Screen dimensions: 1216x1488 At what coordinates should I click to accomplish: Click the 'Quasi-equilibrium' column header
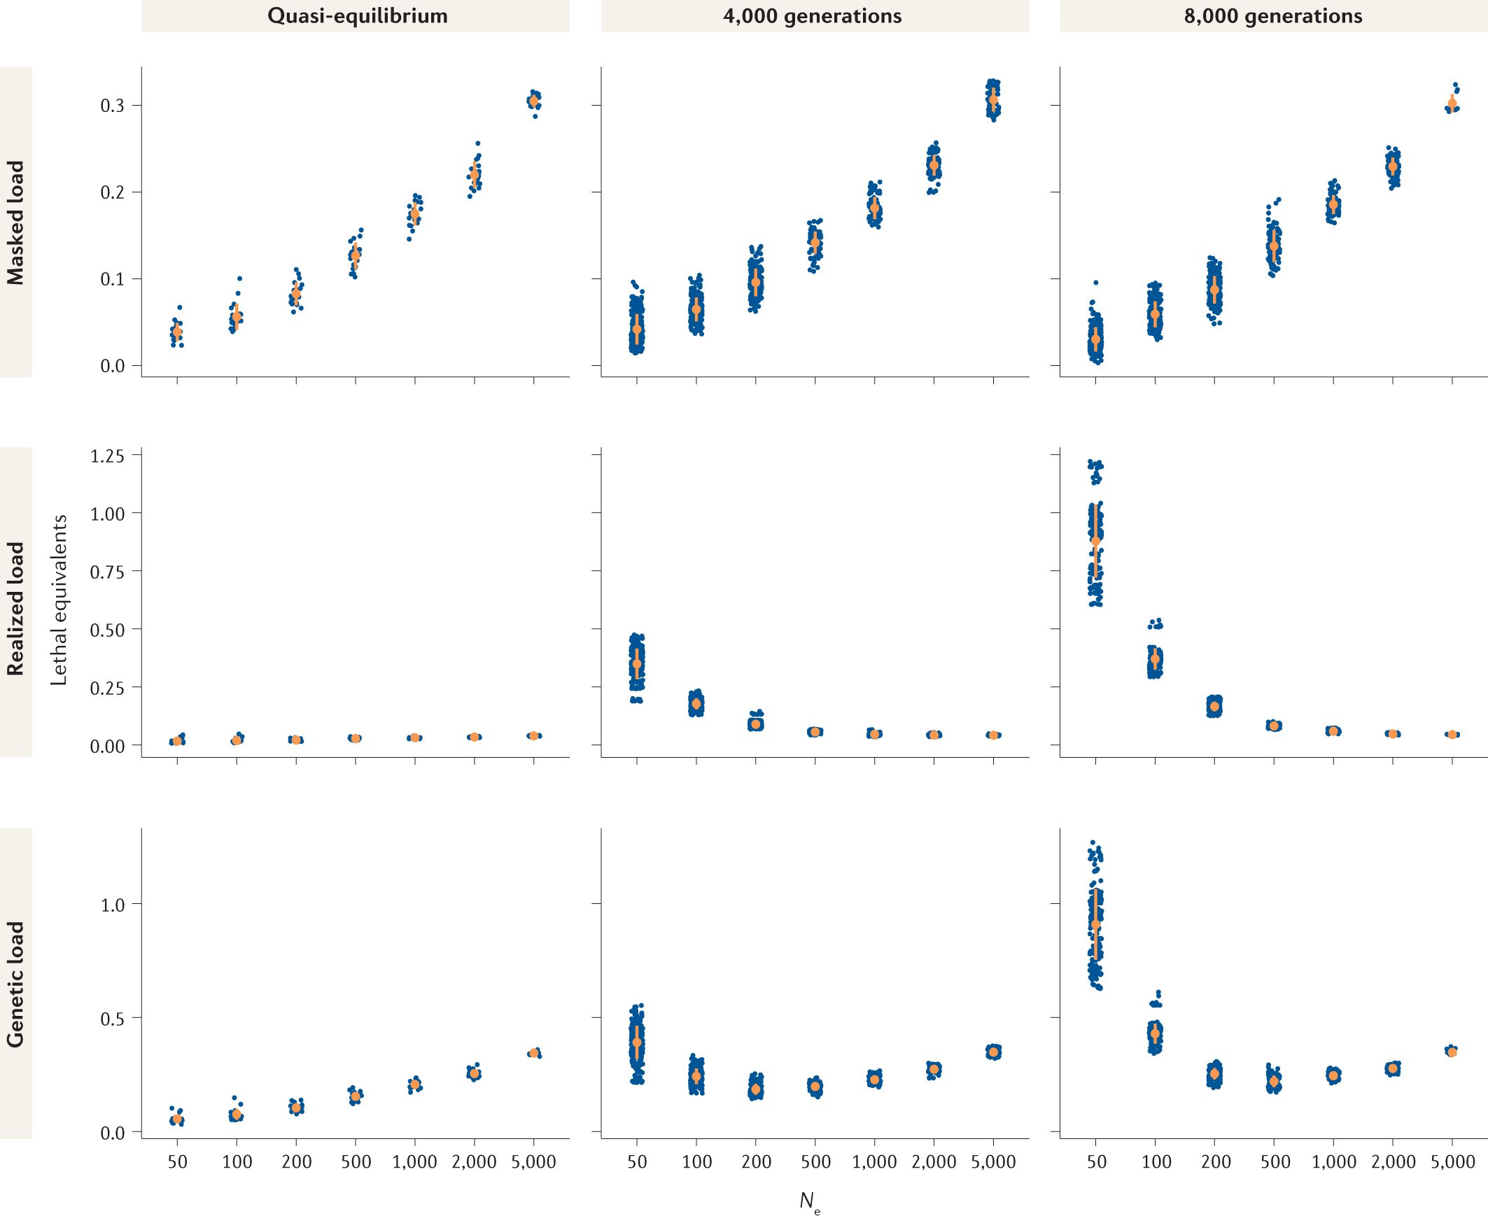coord(357,16)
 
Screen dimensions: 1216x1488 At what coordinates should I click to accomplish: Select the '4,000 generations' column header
coord(813,16)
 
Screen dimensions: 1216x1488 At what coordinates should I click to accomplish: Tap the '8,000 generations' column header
coord(1273,16)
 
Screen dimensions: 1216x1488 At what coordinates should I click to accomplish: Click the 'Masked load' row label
coord(15,222)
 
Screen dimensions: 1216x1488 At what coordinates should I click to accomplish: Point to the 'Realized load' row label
coord(15,608)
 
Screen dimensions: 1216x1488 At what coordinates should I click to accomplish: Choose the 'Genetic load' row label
coord(15,984)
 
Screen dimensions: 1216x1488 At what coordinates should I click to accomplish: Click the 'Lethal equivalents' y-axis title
coord(59,600)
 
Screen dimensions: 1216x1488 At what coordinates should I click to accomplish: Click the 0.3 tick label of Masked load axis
coord(112,106)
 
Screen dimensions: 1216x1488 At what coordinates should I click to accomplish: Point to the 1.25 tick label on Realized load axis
coord(107,456)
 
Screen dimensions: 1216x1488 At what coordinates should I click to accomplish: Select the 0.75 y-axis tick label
coord(107,572)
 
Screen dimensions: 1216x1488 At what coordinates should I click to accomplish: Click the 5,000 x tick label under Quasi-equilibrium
coord(534,1162)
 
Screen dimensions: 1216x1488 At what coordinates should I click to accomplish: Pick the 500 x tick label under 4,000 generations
coord(815,1162)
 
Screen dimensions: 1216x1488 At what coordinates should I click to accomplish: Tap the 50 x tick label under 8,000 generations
coord(1096,1162)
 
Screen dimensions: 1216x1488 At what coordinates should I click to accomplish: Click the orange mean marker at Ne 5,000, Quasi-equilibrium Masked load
coord(534,101)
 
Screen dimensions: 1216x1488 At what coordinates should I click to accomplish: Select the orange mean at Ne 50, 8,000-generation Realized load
coord(1095,541)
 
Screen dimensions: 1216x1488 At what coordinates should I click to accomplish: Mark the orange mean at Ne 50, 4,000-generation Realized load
coord(637,663)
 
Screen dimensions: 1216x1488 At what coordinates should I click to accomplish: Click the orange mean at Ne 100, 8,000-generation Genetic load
coord(1156,1033)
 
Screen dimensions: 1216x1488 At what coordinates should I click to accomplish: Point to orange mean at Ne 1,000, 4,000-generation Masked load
coord(874,207)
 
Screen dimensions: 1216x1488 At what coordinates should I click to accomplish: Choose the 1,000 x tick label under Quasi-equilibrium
coord(415,1162)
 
